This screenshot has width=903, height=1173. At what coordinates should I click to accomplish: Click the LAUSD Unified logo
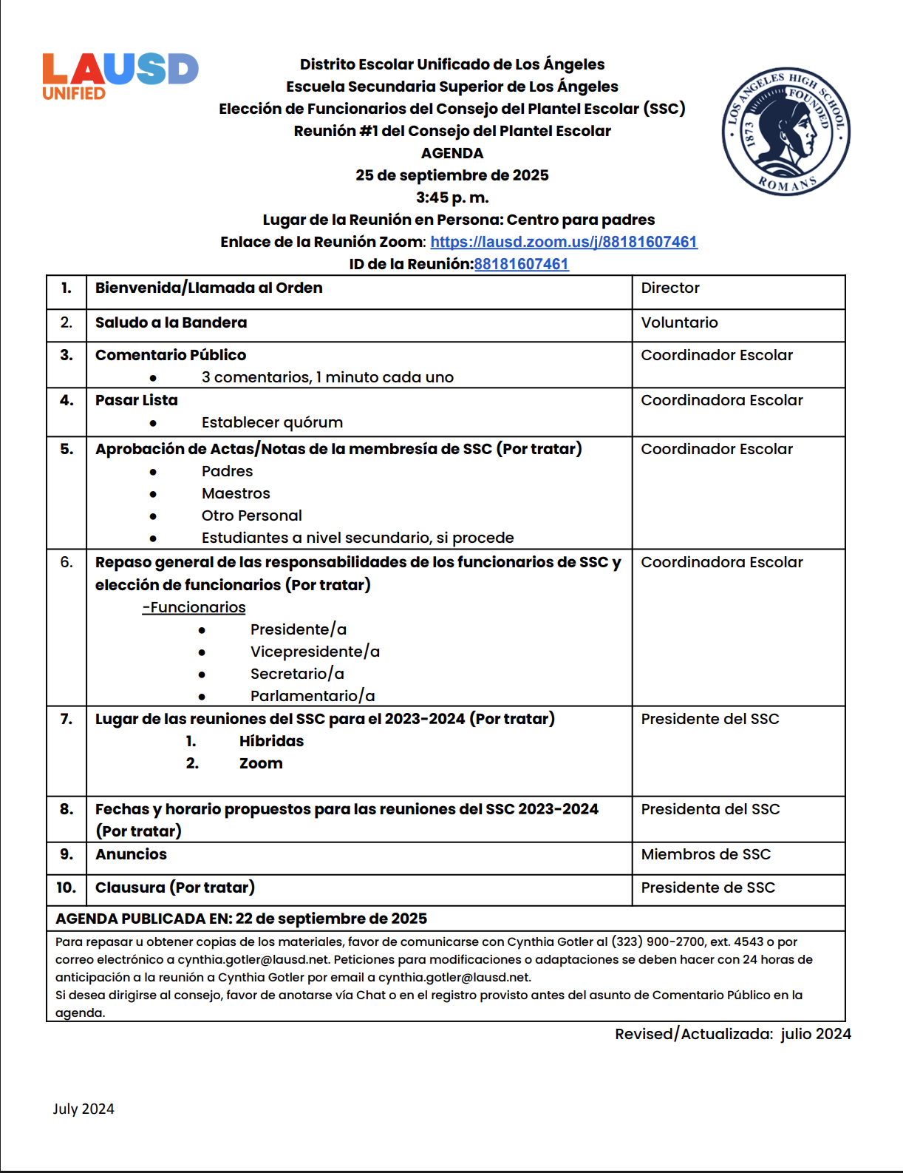[x=120, y=76]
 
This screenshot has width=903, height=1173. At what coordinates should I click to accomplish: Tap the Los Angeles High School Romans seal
[x=786, y=131]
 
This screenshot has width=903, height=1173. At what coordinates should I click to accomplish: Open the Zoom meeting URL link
[x=564, y=242]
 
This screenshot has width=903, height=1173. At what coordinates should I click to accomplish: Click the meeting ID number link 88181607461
[x=522, y=264]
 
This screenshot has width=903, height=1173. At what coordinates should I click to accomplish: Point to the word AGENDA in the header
[x=452, y=153]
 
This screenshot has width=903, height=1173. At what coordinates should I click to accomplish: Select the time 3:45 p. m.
[x=452, y=197]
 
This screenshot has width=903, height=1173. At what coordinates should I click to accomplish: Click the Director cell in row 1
[x=670, y=288]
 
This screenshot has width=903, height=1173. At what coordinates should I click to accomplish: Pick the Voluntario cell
[x=679, y=322]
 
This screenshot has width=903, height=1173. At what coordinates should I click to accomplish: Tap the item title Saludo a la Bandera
[x=171, y=322]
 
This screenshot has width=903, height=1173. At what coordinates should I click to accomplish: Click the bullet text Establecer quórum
[x=272, y=422]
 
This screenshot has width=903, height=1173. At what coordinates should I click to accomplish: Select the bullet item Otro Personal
[x=251, y=515]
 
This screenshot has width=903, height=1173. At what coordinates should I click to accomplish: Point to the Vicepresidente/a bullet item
[x=315, y=652]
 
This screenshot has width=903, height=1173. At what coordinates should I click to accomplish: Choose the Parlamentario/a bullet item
[x=313, y=696]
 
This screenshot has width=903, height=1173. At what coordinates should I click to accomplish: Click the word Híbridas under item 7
[x=271, y=741]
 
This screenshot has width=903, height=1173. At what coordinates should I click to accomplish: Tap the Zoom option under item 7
[x=261, y=763]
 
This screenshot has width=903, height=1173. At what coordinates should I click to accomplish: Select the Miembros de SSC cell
[x=706, y=854]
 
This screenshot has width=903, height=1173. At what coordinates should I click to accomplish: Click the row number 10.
[x=66, y=888]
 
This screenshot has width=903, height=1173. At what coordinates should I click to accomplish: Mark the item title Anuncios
[x=131, y=854]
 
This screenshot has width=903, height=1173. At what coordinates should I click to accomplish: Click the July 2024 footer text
[x=84, y=1109]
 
